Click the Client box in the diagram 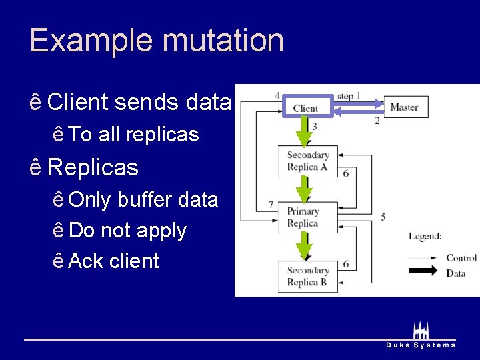305,107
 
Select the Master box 405,107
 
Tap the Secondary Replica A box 307,161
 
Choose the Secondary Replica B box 307,276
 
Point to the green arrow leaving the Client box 305,131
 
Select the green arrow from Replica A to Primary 305,189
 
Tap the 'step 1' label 349,96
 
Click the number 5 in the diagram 383,217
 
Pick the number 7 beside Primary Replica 271,205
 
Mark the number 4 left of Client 277,95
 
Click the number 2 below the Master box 377,121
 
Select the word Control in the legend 461,258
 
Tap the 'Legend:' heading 425,236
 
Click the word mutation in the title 222,40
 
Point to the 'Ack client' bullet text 113,261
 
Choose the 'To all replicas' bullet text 133,135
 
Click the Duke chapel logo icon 421,330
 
